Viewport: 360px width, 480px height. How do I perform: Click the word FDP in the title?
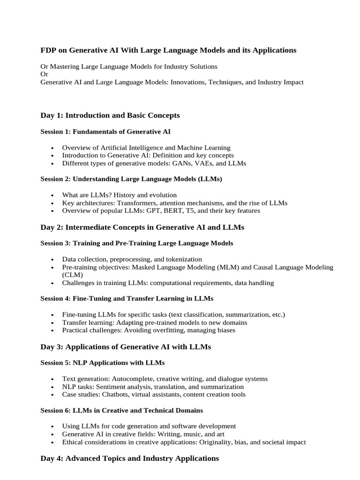pyautogui.click(x=48, y=50)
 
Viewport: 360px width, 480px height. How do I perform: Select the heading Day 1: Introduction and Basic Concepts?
pyautogui.click(x=110, y=115)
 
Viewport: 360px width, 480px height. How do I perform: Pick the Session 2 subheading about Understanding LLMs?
pyautogui.click(x=131, y=179)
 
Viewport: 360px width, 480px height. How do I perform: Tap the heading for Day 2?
pyautogui.click(x=142, y=227)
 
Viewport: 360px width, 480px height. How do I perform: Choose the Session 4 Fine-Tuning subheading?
pyautogui.click(x=127, y=299)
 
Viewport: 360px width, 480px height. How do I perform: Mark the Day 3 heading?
pyautogui.click(x=126, y=347)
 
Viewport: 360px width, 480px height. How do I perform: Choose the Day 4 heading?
pyautogui.click(x=129, y=458)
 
